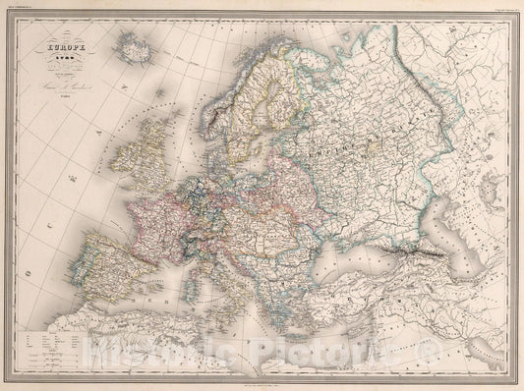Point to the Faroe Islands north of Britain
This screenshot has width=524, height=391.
tap(157, 95)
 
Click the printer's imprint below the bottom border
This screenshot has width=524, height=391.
tap(262, 378)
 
